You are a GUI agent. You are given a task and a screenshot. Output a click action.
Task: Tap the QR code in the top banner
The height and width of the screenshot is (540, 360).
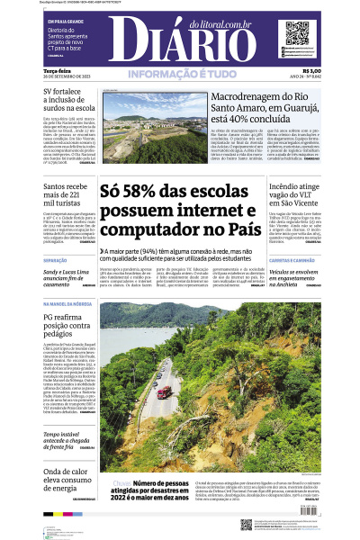(x=300, y=35)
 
